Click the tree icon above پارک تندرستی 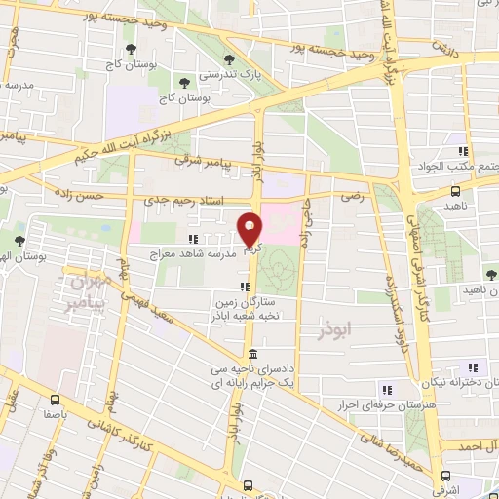coord(230,58)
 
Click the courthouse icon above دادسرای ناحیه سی coord(252,354)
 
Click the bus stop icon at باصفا coord(55,399)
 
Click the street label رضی coord(349,196)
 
